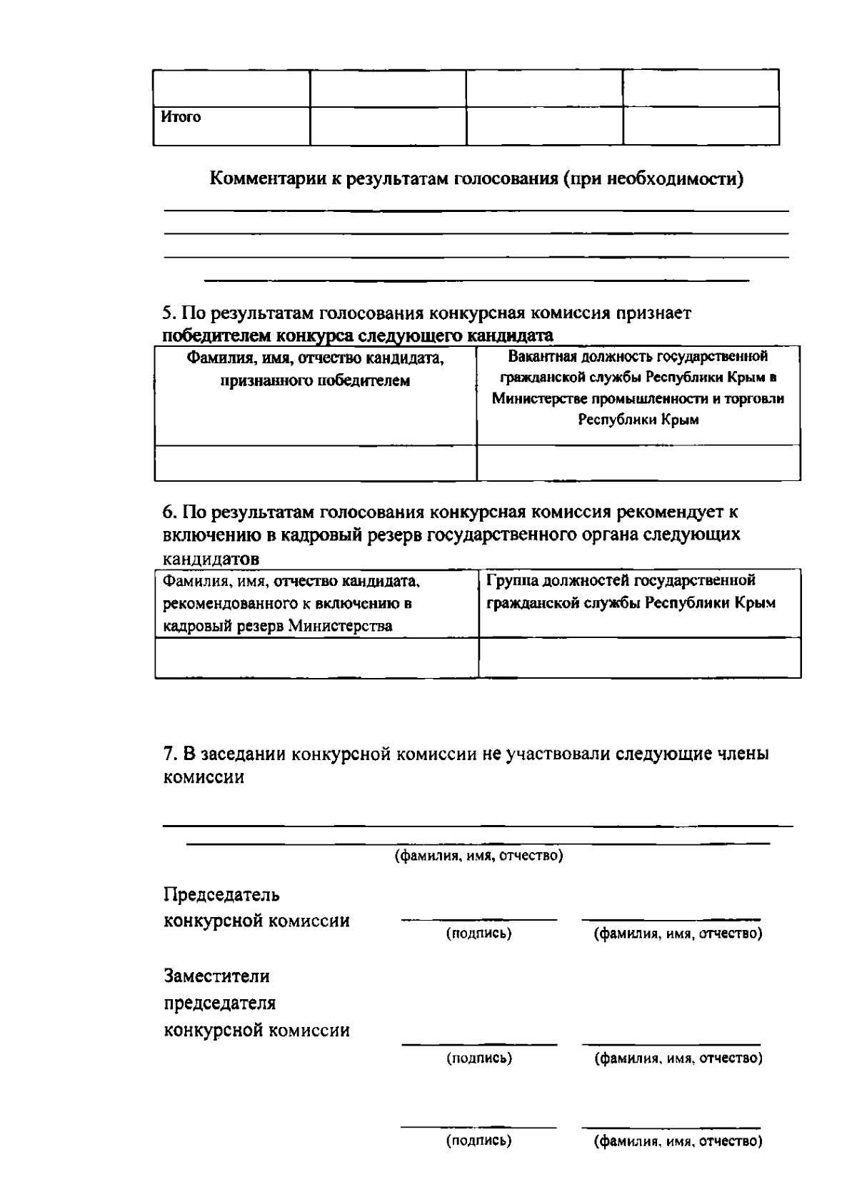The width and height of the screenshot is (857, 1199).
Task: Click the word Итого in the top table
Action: click(x=181, y=117)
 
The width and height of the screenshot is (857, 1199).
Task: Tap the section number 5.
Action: click(x=168, y=313)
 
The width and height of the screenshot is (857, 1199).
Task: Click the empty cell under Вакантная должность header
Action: click(x=638, y=462)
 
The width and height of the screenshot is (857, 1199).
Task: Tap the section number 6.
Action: click(x=168, y=512)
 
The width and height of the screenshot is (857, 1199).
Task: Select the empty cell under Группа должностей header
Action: click(x=639, y=657)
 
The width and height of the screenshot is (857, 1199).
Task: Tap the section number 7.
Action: click(x=169, y=754)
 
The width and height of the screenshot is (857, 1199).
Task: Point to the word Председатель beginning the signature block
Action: click(x=221, y=895)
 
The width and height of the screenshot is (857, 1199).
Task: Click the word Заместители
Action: click(x=217, y=976)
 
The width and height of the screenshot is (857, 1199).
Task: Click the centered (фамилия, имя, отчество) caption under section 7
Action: click(x=479, y=856)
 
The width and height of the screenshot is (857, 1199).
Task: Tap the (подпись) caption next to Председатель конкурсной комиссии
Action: click(x=478, y=934)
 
